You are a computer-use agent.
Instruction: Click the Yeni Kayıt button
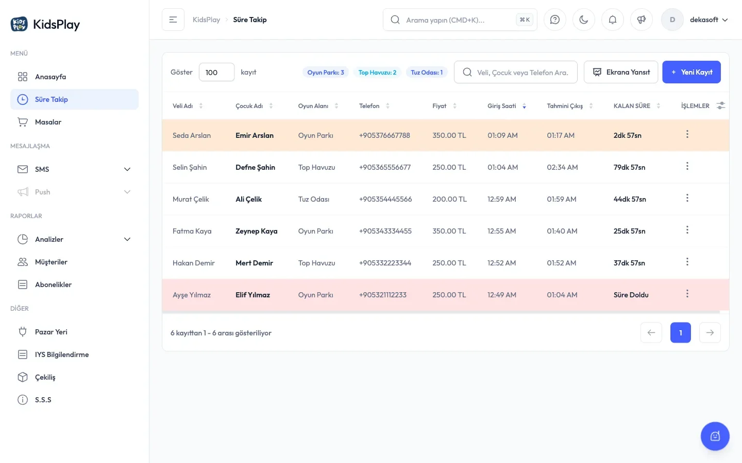point(692,72)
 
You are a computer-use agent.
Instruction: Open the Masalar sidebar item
point(48,122)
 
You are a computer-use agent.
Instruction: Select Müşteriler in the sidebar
point(51,262)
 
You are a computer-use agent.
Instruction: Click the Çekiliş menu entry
point(45,377)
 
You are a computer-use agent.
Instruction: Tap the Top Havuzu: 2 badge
point(377,73)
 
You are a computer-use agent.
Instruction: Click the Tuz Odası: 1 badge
point(427,73)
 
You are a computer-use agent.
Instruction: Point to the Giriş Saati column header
point(501,106)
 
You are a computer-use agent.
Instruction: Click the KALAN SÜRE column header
point(632,106)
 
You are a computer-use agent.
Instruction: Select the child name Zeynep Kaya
point(257,231)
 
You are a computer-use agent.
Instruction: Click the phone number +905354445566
point(385,199)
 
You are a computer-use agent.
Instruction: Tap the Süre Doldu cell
point(631,295)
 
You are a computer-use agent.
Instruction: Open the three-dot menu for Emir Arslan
point(687,134)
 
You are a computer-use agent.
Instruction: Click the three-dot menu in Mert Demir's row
point(687,262)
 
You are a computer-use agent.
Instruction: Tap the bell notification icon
point(613,20)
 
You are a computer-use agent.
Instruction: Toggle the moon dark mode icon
point(584,20)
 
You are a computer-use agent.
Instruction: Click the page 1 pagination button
point(680,332)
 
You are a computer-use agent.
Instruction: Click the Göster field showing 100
point(216,72)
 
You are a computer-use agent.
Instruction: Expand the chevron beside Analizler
point(127,239)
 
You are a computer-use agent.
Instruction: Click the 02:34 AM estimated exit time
point(562,167)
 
